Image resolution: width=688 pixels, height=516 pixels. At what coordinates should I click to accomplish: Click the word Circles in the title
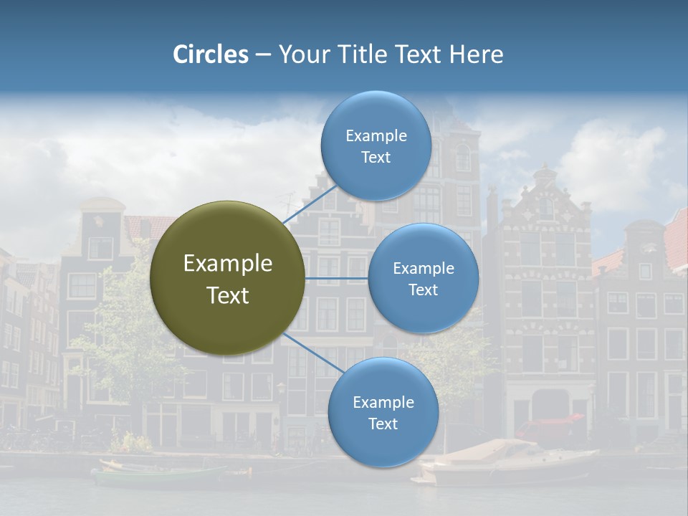point(211,54)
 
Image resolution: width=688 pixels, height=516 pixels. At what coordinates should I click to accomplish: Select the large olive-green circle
point(227,278)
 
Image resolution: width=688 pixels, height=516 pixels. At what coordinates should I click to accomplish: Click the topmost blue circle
point(376,145)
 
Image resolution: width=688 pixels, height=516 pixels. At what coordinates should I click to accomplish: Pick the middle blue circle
point(423,278)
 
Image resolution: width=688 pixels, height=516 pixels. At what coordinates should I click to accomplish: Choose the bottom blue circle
point(383,412)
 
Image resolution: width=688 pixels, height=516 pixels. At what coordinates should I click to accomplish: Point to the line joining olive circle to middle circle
point(337,278)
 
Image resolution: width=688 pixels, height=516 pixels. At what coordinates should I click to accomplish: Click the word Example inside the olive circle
point(227,263)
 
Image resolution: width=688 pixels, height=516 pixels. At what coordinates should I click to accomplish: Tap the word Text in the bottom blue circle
point(383,424)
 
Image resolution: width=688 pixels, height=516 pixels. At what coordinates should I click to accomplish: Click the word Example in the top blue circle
point(376,135)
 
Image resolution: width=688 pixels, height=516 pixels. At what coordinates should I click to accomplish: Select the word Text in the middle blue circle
point(423,290)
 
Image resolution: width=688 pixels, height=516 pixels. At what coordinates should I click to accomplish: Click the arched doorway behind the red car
point(550,406)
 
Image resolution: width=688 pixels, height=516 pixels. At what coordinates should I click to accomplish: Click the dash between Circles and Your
point(262,55)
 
